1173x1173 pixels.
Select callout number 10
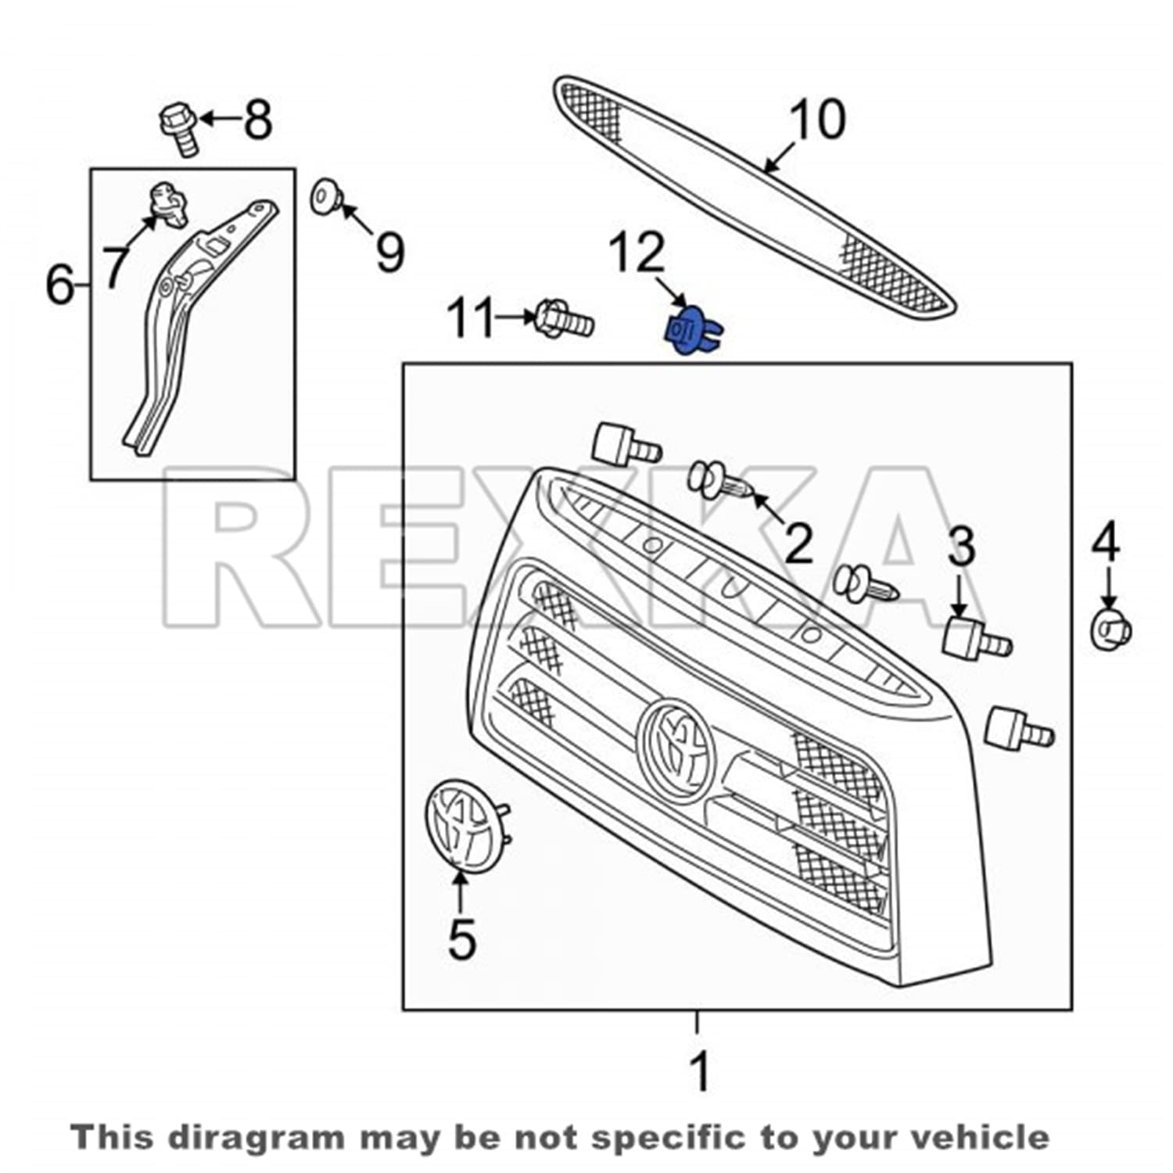pos(818,120)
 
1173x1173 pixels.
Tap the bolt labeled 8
pos(179,128)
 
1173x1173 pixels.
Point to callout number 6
pos(61,285)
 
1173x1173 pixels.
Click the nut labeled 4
pos(1110,629)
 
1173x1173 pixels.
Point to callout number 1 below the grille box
pos(700,1071)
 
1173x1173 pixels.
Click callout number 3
pos(961,547)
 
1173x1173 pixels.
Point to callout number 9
pos(390,252)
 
